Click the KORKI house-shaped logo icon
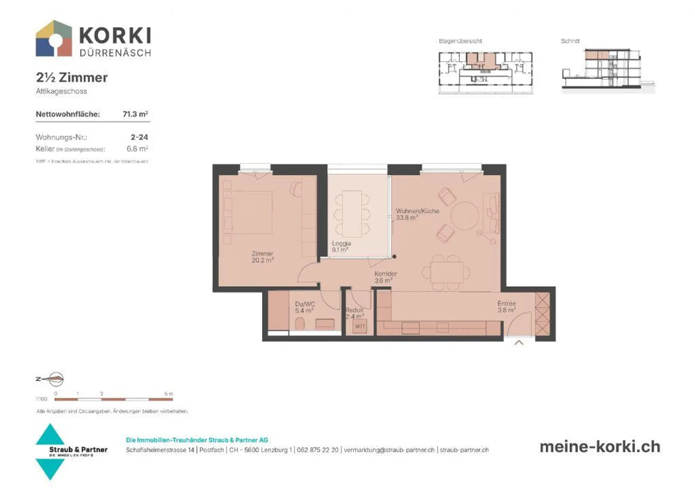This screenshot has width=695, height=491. click(54, 39)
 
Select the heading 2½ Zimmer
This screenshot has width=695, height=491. click(71, 77)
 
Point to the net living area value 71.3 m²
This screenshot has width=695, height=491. click(135, 114)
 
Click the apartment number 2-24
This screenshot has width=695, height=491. click(139, 137)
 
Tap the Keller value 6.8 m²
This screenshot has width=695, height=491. click(137, 149)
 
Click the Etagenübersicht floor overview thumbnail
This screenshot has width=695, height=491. click(485, 72)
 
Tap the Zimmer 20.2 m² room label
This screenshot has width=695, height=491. click(262, 257)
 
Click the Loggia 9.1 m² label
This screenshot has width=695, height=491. click(341, 246)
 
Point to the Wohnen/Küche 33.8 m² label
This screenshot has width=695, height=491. click(417, 214)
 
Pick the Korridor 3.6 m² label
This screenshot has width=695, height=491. click(385, 277)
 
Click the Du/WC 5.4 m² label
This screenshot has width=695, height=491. click(305, 307)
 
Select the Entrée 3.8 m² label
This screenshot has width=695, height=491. click(506, 307)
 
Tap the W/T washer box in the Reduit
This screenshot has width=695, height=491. click(360, 327)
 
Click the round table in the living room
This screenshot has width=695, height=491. click(465, 216)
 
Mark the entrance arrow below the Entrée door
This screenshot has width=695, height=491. click(519, 343)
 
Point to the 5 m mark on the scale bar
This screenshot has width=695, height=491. click(168, 394)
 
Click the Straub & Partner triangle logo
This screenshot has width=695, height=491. click(50, 451)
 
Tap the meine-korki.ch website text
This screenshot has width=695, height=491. click(599, 447)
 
